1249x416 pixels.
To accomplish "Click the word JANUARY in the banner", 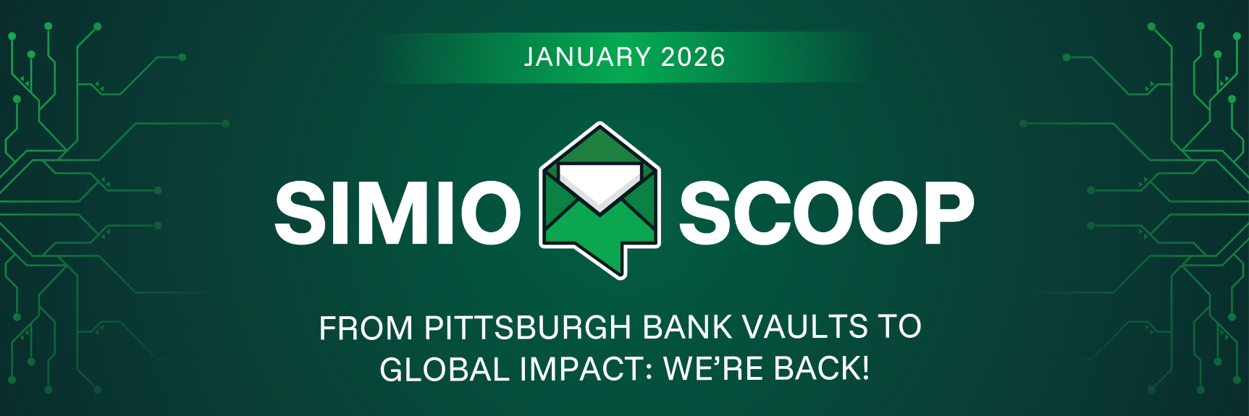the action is point(588,57).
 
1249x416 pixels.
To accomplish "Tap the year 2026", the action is point(693,57).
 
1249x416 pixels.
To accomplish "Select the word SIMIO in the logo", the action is point(398,213).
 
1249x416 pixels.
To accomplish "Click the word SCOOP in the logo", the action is point(826,213).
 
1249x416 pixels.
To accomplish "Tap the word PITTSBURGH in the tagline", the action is point(528,327).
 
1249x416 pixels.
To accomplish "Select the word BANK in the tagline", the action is point(688,327).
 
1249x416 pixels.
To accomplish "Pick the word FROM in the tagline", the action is point(366,328).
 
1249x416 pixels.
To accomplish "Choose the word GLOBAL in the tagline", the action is point(445,369).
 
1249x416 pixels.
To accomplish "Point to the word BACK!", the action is point(822,369).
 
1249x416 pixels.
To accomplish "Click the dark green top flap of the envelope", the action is point(600,146).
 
